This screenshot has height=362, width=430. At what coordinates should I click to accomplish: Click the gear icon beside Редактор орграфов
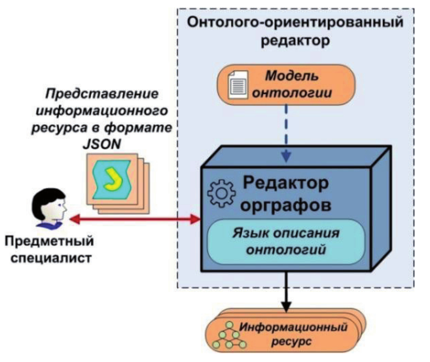click(x=220, y=194)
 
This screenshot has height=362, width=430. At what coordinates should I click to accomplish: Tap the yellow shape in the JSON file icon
click(x=115, y=178)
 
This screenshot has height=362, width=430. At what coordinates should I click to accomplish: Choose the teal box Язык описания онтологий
click(x=284, y=242)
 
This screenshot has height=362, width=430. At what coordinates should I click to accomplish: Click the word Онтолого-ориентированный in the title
click(x=297, y=22)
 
